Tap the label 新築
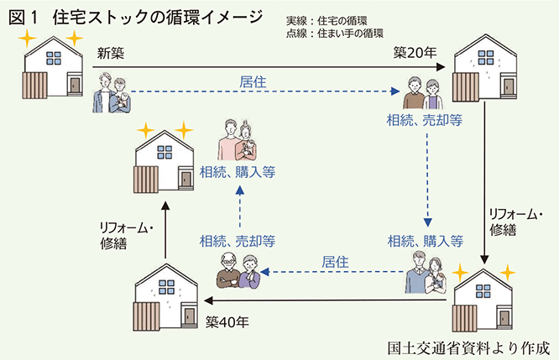(111, 54)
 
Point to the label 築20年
(415, 54)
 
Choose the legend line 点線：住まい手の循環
(334, 34)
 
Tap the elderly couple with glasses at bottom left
(237, 269)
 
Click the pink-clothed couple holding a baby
(238, 138)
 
